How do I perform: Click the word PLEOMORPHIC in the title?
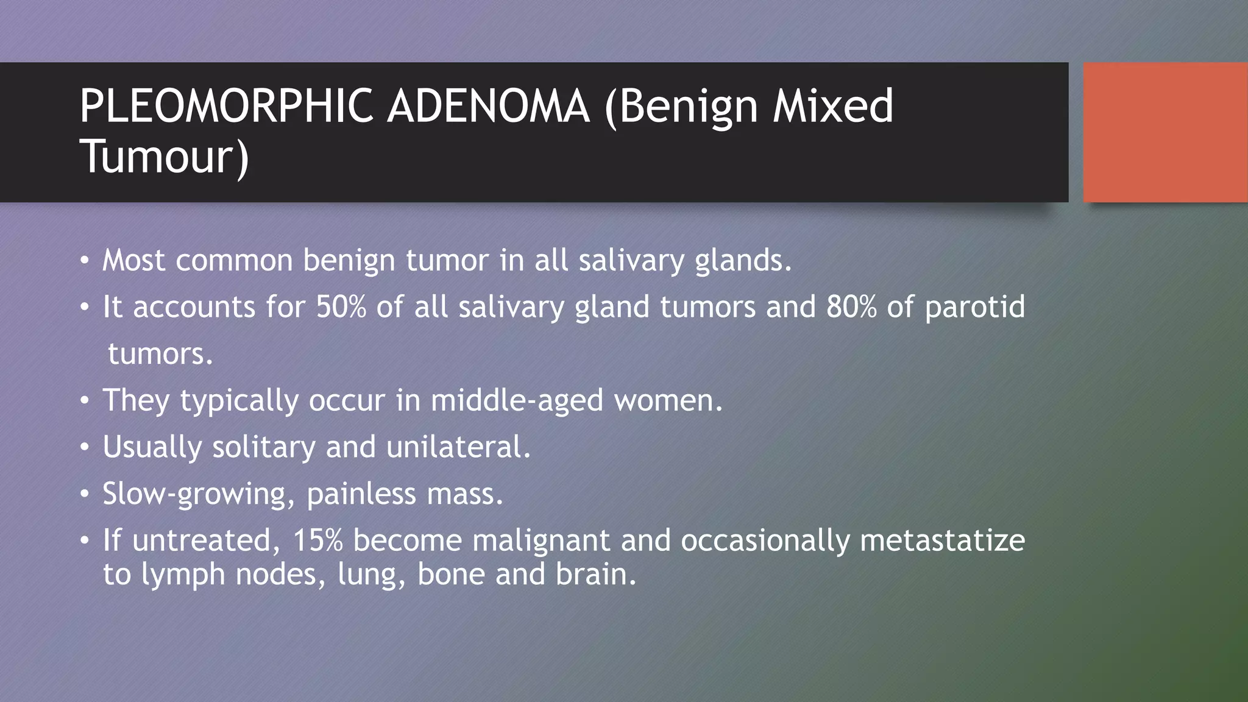[x=225, y=106]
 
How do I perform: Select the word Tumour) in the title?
[x=165, y=157]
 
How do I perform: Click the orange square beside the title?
[x=1165, y=132]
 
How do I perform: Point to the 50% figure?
[x=341, y=307]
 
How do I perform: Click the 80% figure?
[x=851, y=307]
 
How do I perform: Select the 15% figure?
[x=317, y=541]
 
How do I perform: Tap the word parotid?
[x=975, y=307]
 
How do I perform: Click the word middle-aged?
[x=517, y=401]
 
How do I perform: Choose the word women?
[x=668, y=401]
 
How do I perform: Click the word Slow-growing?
[x=194, y=494]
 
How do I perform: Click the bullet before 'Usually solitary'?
[x=85, y=448]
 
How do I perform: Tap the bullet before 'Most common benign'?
[x=85, y=261]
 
